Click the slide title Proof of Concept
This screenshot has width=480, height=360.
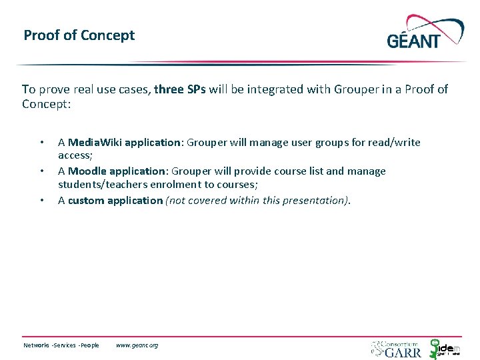click(79, 35)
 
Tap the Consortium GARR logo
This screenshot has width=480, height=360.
click(397, 347)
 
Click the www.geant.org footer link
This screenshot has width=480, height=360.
click(137, 345)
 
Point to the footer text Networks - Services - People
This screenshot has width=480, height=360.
click(61, 345)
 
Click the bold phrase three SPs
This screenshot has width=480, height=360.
click(180, 89)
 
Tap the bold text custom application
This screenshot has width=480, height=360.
click(115, 200)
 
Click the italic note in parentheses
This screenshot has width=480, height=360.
click(258, 200)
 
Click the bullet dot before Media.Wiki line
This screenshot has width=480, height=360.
click(41, 143)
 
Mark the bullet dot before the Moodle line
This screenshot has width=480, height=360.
click(41, 171)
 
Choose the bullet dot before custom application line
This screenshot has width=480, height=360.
click(41, 201)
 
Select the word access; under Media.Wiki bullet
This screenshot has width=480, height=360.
click(75, 155)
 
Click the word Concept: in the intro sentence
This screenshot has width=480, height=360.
click(46, 104)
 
